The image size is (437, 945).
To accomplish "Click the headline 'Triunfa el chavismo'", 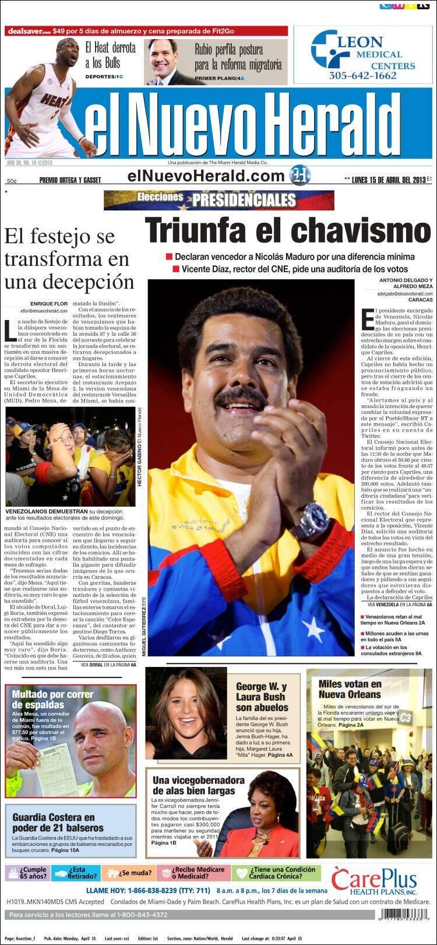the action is click(x=288, y=230).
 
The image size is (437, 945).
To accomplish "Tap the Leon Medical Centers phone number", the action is click(x=362, y=75).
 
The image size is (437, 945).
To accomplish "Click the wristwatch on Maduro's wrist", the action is click(x=312, y=520).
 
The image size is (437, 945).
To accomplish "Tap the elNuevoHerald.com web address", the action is click(x=206, y=175).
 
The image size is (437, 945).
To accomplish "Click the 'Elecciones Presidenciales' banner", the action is click(x=219, y=200).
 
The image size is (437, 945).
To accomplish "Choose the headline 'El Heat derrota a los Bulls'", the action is click(x=110, y=55).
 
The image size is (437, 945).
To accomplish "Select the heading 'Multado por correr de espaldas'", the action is click(x=52, y=700).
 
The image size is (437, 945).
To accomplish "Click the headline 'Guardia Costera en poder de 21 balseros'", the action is click(x=54, y=823).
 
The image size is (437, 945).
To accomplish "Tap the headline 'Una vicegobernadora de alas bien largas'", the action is click(x=198, y=785).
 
